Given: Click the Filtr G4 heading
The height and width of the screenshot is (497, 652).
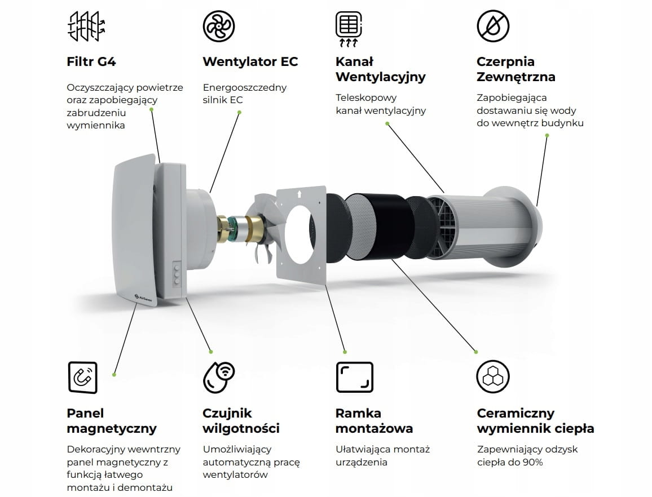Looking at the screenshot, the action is pyautogui.click(x=91, y=61).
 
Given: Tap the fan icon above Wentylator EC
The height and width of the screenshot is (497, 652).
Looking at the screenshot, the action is pyautogui.click(x=219, y=26).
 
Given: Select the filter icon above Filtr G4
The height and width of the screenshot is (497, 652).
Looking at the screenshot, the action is pyautogui.click(x=86, y=26).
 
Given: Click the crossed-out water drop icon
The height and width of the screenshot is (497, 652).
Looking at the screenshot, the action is pyautogui.click(x=493, y=26).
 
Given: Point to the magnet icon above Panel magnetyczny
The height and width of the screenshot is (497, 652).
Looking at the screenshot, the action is pyautogui.click(x=82, y=378).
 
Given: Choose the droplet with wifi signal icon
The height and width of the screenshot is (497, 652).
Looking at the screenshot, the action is pyautogui.click(x=219, y=378).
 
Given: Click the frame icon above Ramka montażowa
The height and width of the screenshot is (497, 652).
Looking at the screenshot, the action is pyautogui.click(x=354, y=377).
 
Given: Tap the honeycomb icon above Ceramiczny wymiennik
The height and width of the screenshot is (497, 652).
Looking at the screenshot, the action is pyautogui.click(x=493, y=377).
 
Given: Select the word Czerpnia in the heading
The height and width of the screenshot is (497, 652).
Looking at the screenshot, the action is pyautogui.click(x=505, y=61).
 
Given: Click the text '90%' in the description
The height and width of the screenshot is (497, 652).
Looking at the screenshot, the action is pyautogui.click(x=532, y=462).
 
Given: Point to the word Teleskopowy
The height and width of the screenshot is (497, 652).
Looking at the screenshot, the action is pyautogui.click(x=366, y=98).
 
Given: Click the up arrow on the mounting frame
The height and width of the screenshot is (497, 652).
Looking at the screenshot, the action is pyautogui.click(x=299, y=194).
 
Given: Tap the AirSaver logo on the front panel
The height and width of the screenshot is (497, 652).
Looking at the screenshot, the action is pyautogui.click(x=143, y=298).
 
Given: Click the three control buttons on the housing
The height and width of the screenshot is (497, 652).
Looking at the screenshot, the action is pyautogui.click(x=177, y=273).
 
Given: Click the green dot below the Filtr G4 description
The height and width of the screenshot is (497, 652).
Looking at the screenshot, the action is pyautogui.click(x=151, y=110).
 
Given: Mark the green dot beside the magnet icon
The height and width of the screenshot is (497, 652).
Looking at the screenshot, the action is pyautogui.click(x=114, y=375).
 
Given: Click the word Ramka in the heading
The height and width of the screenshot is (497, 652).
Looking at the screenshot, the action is pyautogui.click(x=358, y=414).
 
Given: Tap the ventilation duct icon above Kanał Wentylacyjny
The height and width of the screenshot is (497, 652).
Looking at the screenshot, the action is pyautogui.click(x=349, y=28).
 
